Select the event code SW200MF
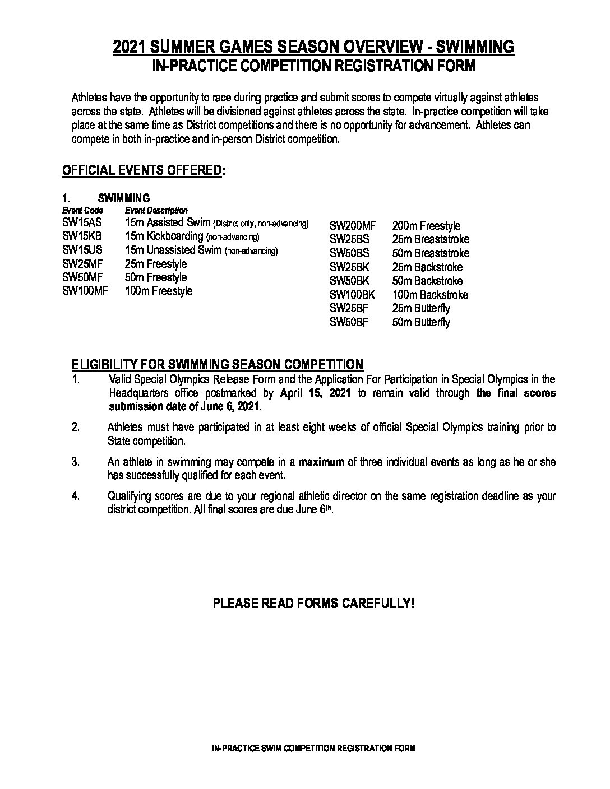click(x=352, y=226)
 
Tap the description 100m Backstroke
click(x=430, y=295)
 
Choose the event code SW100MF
click(x=85, y=291)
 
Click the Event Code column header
click(x=79, y=211)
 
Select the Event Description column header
click(x=156, y=211)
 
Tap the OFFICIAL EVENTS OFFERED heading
click(x=141, y=170)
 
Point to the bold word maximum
click(x=321, y=462)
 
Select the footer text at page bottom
click(x=314, y=749)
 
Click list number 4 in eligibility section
click(x=76, y=496)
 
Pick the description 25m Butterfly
click(x=421, y=308)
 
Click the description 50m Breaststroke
click(x=431, y=253)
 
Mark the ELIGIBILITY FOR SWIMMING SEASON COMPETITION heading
click(x=217, y=365)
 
